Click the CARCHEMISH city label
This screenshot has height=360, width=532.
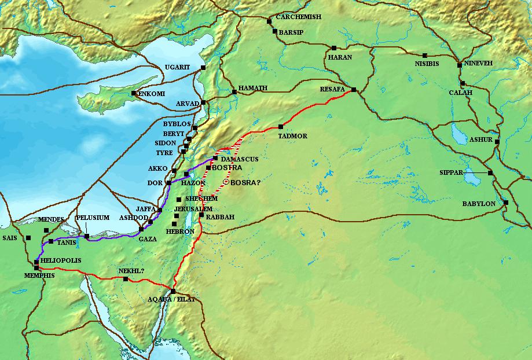coord(298,17)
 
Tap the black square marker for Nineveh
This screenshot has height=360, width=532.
coord(460,64)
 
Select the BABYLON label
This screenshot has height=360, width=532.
coord(478,204)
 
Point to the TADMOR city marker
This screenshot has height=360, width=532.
coord(281,127)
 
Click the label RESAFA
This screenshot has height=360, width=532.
coord(332,90)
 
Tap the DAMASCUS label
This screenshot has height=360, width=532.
coord(239,159)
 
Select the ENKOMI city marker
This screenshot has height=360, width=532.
coord(134,93)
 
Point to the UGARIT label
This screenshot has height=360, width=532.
coord(177,68)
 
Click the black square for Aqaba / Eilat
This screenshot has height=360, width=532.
coord(173,291)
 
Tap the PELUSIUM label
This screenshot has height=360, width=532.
coord(93,218)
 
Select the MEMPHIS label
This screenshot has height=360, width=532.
coord(39,275)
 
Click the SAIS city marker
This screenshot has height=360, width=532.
coord(28,238)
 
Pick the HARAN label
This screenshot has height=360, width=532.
coord(340,58)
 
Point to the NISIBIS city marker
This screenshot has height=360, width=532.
coord(424,56)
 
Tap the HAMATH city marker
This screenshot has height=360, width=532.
coord(234,91)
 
